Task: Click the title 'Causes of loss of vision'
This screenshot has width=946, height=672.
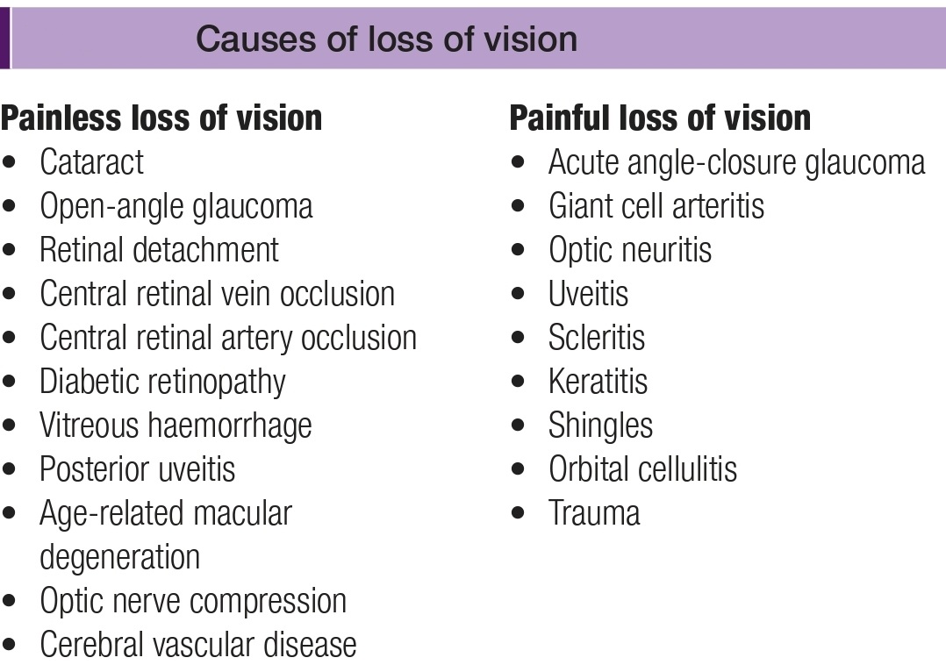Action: (x=386, y=39)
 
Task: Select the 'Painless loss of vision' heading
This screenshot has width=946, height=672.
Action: (x=161, y=118)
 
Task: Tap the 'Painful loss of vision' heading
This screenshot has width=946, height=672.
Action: (x=660, y=118)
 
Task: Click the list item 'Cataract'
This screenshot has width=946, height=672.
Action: (x=91, y=162)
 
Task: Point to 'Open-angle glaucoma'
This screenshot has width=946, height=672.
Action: (x=176, y=206)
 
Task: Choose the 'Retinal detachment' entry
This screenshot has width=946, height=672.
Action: (x=159, y=250)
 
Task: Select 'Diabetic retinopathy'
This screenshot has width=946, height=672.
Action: (x=162, y=382)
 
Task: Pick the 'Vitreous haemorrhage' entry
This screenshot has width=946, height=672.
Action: (x=176, y=425)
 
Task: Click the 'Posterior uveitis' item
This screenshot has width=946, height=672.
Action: (x=137, y=469)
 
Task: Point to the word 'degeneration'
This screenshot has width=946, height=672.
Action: (x=119, y=557)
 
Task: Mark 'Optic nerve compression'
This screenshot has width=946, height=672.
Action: (x=193, y=601)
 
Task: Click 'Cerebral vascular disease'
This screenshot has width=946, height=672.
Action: (x=198, y=645)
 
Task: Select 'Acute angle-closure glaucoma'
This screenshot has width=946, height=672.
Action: (x=736, y=162)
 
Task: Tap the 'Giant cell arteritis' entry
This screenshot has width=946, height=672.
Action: (x=656, y=206)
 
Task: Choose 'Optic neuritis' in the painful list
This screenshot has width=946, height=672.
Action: (x=629, y=250)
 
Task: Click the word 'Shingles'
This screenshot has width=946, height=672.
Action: (x=600, y=425)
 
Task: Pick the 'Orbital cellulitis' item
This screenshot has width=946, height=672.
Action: (x=642, y=469)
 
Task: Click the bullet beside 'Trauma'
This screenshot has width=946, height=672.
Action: (x=520, y=513)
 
